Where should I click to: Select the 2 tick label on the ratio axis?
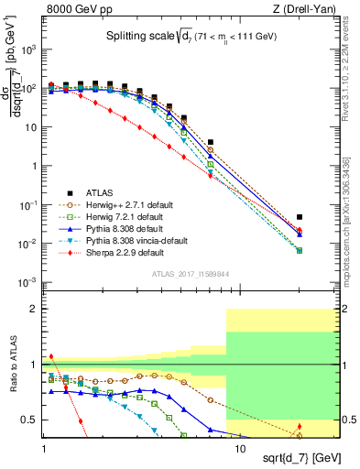(35, 310)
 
